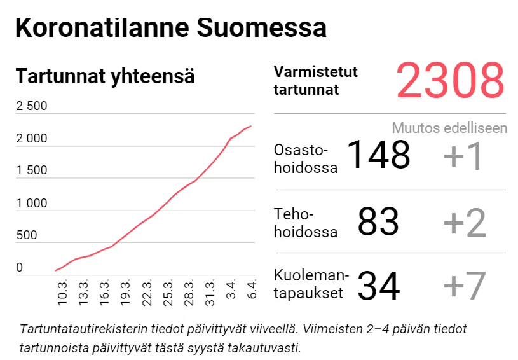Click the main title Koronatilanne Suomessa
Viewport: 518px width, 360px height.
click(x=170, y=29)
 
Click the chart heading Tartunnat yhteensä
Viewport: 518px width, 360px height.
click(x=105, y=76)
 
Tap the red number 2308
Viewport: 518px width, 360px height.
click(x=450, y=81)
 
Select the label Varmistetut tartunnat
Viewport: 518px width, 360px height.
click(x=315, y=81)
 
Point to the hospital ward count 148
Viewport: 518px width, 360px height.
click(x=379, y=155)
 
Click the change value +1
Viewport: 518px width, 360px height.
click(x=464, y=156)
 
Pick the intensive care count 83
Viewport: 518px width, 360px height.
click(x=378, y=222)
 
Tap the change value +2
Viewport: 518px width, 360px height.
click(x=464, y=223)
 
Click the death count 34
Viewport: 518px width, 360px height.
click(x=378, y=286)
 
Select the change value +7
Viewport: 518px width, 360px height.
click(x=464, y=286)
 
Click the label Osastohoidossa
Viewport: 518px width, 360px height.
click(x=305, y=158)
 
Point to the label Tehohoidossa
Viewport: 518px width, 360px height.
click(x=305, y=223)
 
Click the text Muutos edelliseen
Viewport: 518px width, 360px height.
click(x=449, y=128)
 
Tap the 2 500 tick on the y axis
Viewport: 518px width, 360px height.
click(x=31, y=106)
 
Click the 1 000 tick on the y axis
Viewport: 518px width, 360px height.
click(x=31, y=204)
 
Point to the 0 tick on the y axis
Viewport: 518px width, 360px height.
click(x=19, y=268)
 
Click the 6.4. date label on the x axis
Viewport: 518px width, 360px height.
click(x=251, y=292)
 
